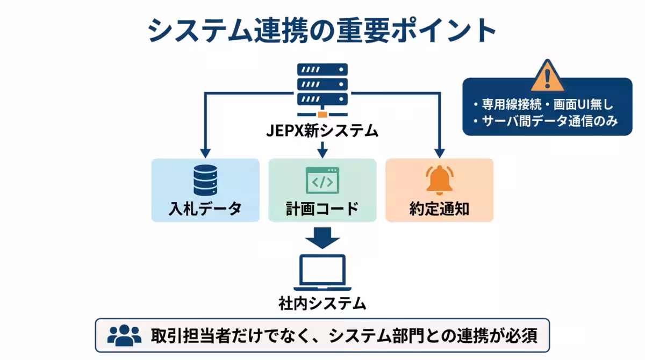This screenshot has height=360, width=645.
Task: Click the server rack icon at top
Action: coord(322,85)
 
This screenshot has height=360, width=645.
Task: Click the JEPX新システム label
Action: coord(322,131)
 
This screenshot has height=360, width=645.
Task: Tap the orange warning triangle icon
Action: coord(547,76)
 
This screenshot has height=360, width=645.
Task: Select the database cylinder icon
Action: coord(205,179)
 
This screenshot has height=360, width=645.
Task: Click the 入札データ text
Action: coord(205,208)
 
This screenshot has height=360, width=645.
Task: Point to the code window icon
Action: coord(322,180)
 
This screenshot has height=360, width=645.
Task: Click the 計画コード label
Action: coord(322,208)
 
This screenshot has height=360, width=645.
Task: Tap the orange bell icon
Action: coord(439,179)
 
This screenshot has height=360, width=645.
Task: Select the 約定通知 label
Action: coord(439,208)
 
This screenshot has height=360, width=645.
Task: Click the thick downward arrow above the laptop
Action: coord(322,237)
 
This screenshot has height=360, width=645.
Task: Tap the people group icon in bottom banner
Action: coord(124,335)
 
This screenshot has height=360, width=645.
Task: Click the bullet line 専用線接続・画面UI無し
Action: coord(543,105)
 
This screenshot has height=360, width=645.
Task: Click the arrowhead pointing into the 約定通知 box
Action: coord(440,152)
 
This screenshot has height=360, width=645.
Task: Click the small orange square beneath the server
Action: coord(322,114)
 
